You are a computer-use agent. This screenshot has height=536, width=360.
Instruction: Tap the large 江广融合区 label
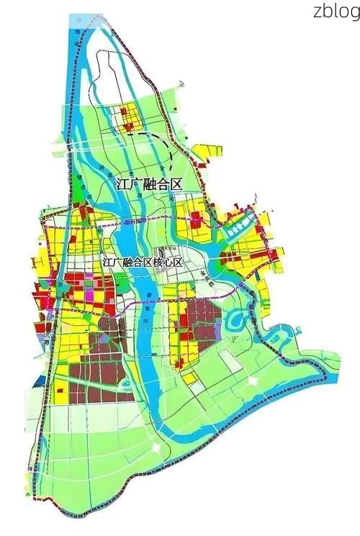pos(148,184)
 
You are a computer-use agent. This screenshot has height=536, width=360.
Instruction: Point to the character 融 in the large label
pos(148,184)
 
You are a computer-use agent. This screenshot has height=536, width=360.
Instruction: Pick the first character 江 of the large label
pos(122,184)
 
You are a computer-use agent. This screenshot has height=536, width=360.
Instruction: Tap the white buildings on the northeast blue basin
pos(237,229)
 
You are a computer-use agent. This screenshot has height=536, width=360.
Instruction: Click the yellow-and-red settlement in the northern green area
pos(131,117)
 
